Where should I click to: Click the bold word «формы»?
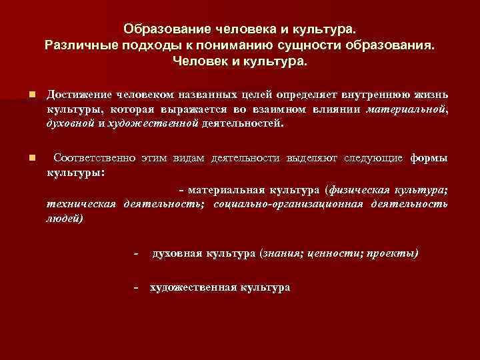coord(429,158)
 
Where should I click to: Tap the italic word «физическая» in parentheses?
coord(361,189)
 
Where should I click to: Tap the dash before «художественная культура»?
coord(136,287)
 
